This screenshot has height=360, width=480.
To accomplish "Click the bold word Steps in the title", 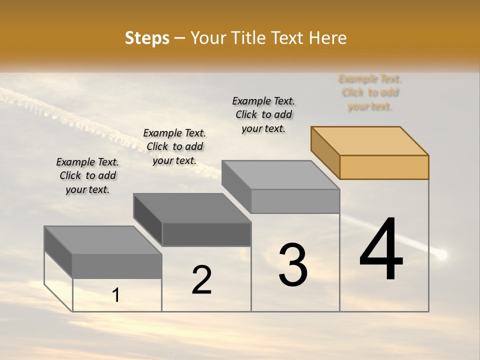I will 147,38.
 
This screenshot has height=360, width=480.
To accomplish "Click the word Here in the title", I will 328,38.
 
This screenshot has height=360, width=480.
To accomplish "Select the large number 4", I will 381,249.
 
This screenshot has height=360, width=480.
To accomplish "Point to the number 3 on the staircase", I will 292,265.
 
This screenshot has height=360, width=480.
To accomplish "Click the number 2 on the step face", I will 201,280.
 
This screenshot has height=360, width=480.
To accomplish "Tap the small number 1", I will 116,295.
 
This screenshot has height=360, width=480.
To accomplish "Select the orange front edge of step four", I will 384,167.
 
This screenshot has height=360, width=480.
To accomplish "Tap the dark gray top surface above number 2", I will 192,208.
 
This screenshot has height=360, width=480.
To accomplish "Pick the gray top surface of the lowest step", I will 103,240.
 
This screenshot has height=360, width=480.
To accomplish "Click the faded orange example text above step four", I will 370,92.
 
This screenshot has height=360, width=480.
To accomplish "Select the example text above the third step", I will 263,114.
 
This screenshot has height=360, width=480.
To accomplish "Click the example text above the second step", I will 174,146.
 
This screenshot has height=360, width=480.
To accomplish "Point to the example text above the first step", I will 87,175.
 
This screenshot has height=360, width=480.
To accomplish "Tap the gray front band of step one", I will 117,266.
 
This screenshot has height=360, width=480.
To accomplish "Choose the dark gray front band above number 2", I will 206,234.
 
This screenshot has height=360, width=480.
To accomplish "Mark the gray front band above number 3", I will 295,201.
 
